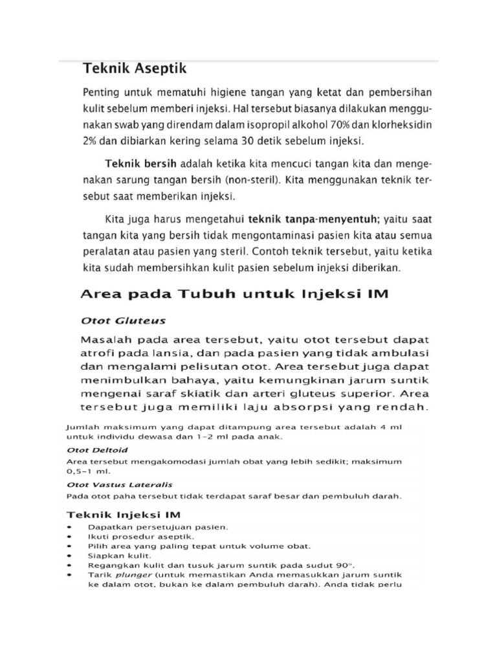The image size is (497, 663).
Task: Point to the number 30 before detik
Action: click(233, 140)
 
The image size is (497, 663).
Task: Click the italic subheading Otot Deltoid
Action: click(97, 449)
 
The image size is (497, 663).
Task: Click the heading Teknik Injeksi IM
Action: click(124, 515)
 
